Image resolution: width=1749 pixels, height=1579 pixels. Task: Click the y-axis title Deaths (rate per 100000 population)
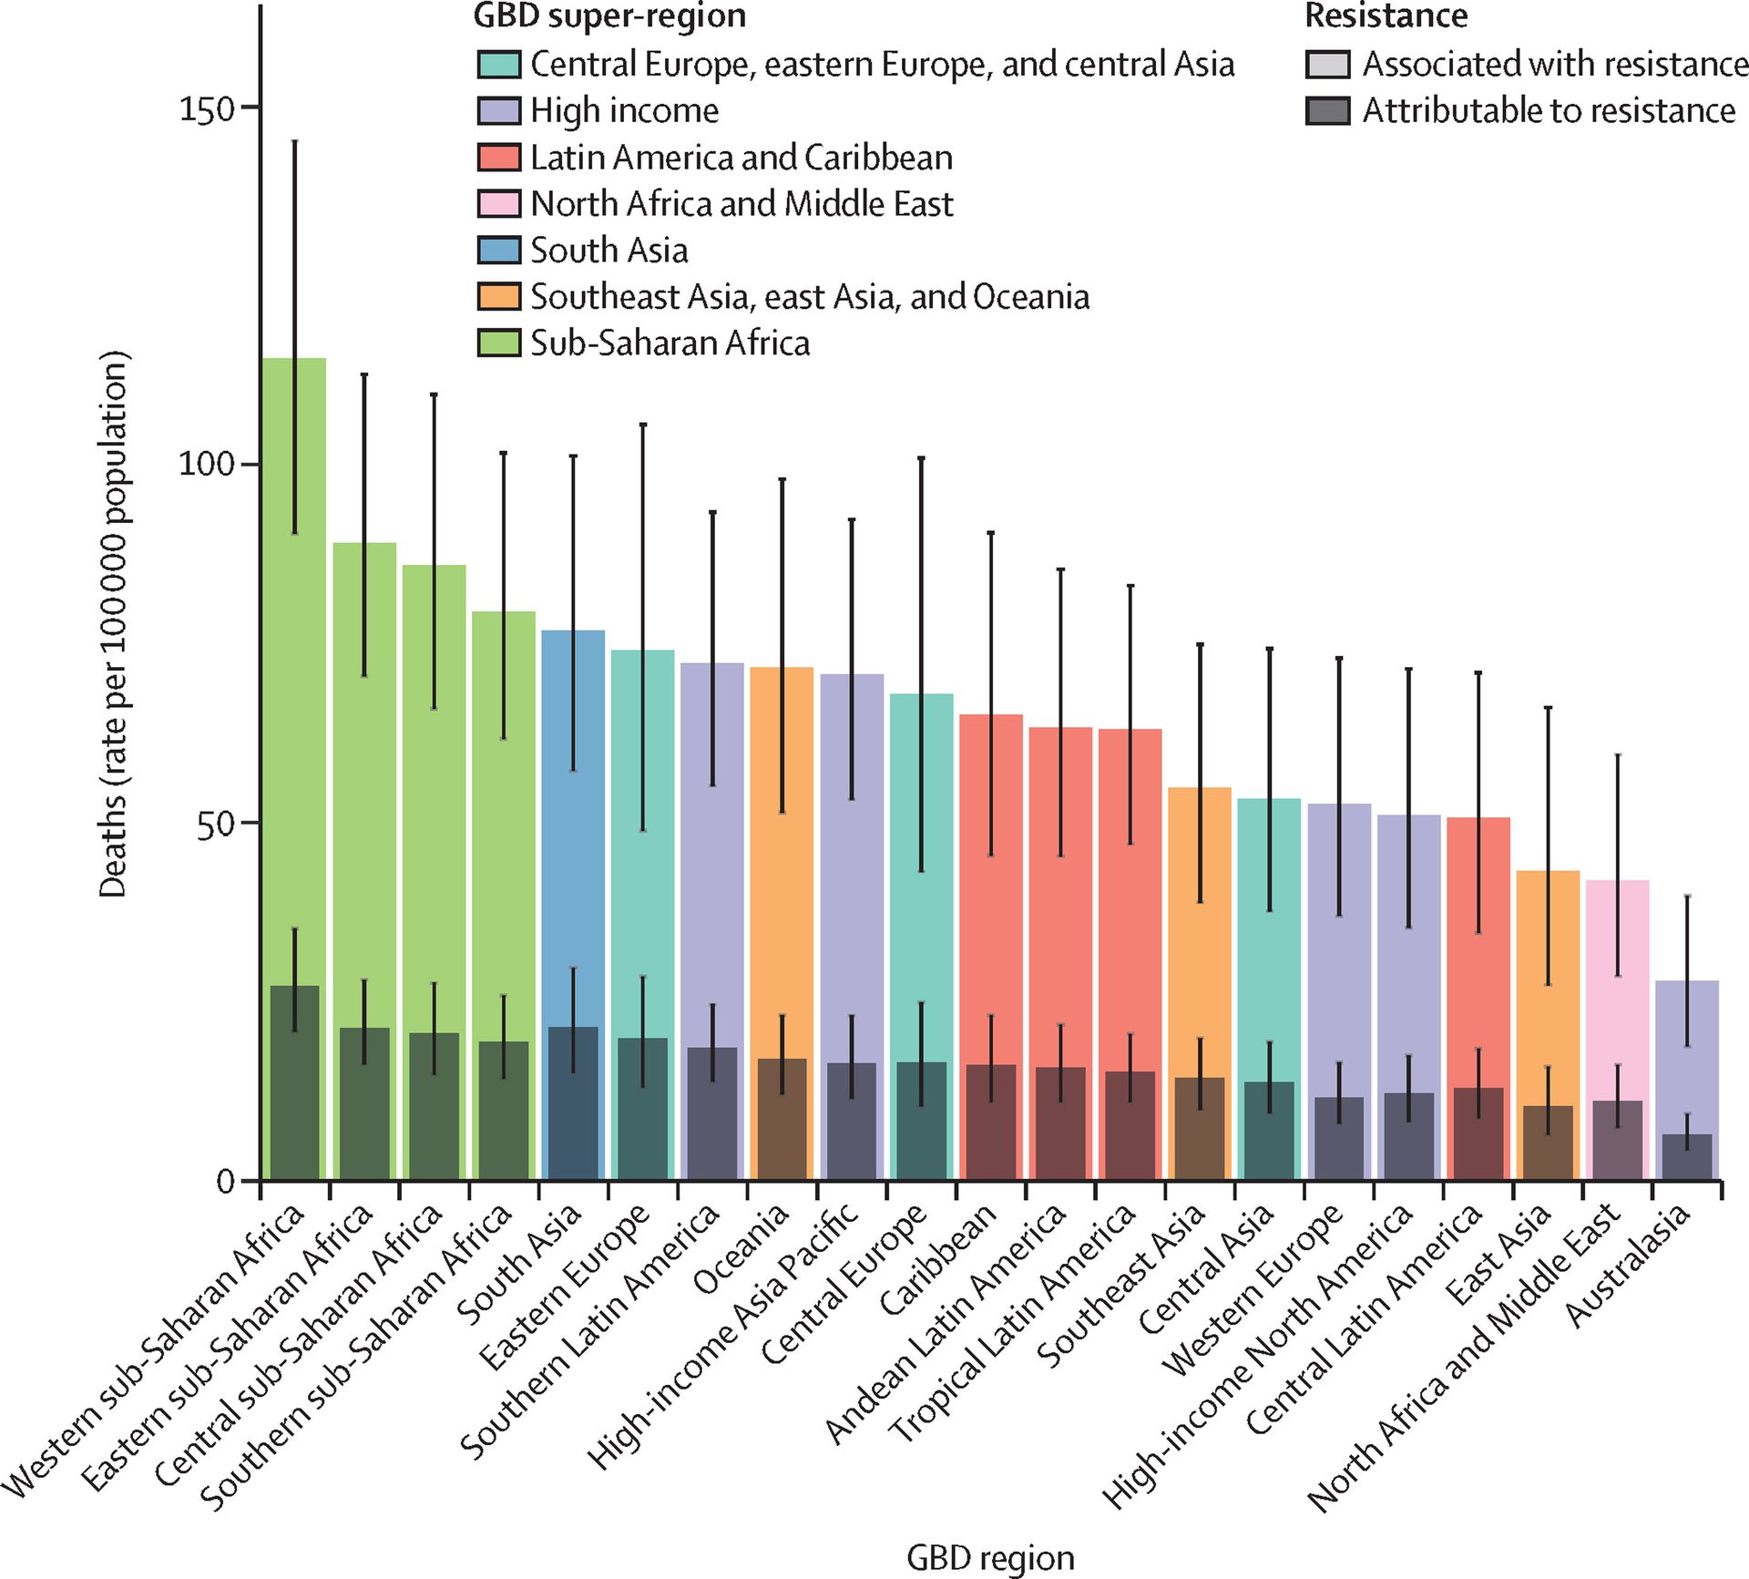pos(114,625)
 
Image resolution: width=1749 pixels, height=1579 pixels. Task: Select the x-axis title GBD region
pos(990,1558)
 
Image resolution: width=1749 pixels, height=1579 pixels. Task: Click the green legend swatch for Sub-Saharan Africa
pos(499,343)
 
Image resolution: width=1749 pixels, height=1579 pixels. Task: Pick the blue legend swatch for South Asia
pos(499,250)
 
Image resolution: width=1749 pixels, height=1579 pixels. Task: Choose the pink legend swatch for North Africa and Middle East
pos(499,203)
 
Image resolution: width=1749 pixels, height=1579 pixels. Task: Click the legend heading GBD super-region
pos(609,15)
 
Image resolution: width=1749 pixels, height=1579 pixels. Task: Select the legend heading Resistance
pos(1386,15)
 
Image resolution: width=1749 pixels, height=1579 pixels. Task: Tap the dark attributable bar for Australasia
pos(1687,1156)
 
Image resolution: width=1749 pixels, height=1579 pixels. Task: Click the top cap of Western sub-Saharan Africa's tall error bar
pos(294,141)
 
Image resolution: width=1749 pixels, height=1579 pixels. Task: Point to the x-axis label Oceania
pos(742,1250)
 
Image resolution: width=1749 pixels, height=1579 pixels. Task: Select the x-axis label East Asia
pos(1498,1255)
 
